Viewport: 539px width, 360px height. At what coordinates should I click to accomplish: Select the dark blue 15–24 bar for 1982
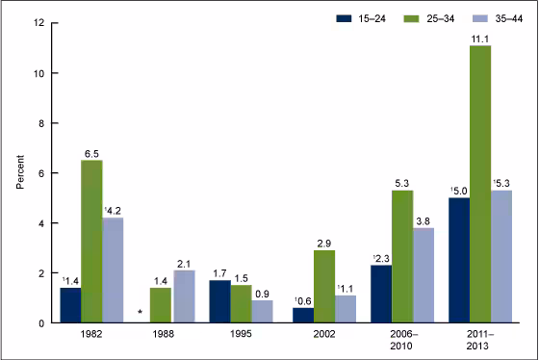click(70, 305)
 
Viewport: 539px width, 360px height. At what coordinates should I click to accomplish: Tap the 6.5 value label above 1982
click(91, 152)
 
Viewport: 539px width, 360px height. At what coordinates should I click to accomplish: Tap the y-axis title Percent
click(20, 172)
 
